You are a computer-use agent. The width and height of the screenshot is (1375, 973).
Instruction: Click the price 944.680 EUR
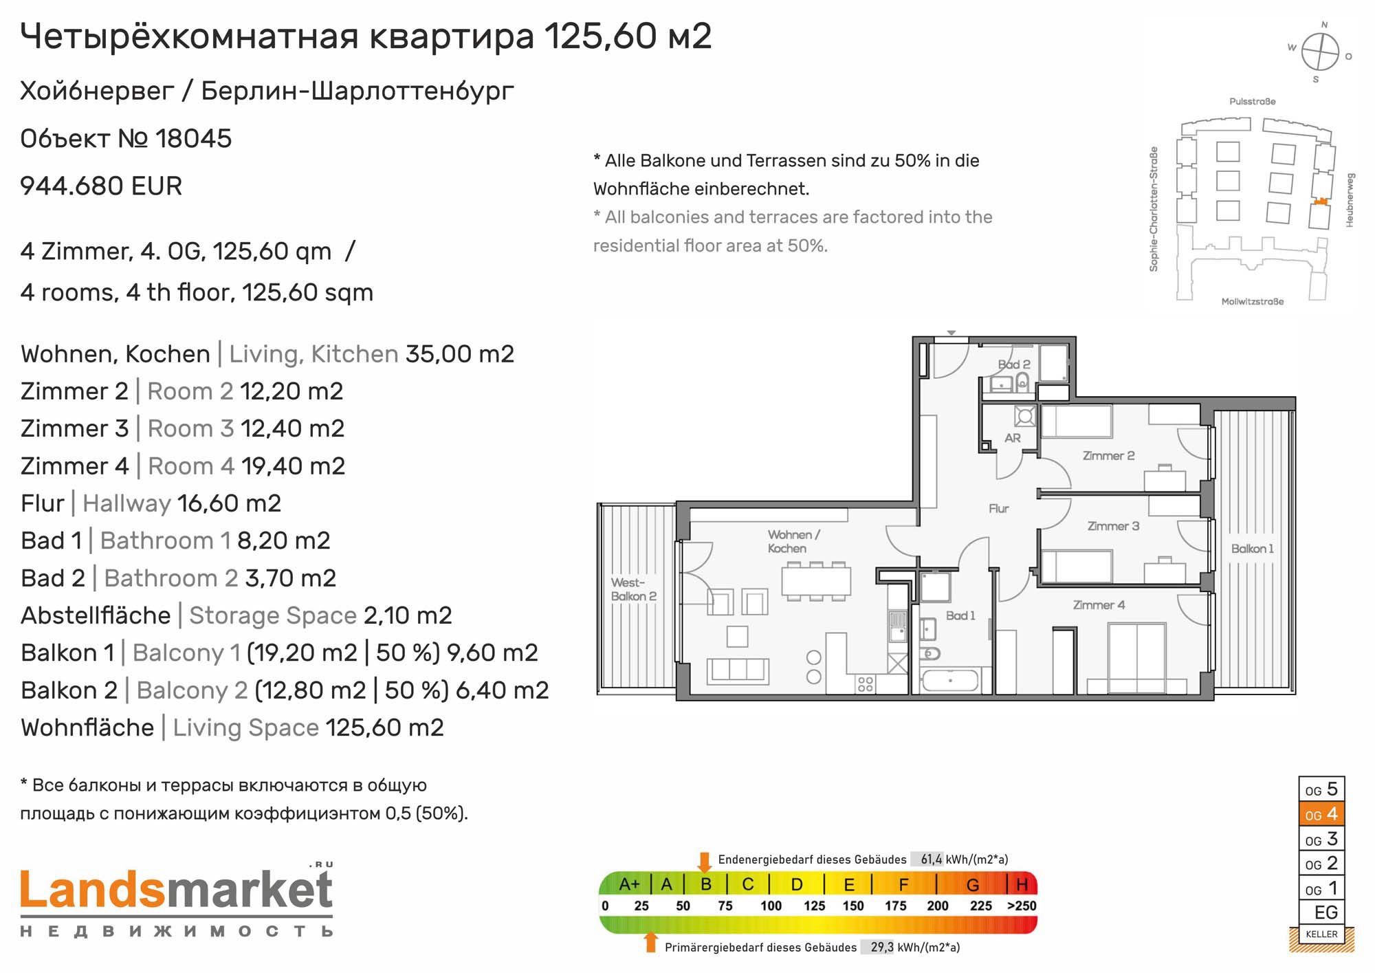pos(101,186)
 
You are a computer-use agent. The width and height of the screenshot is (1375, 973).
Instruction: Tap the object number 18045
pos(193,139)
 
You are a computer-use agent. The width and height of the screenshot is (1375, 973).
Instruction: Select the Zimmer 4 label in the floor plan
pos(1099,605)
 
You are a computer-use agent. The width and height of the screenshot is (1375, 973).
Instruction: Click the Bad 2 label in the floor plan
pos(1014,364)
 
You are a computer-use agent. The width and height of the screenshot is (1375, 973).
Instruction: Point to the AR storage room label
pos(1012,438)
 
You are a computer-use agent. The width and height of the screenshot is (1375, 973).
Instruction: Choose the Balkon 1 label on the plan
pos(1252,549)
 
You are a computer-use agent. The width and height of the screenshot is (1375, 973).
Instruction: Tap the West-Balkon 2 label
pos(633,589)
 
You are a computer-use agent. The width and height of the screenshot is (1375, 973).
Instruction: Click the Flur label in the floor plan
pos(998,509)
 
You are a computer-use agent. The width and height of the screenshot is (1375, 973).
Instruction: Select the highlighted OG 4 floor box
pos(1321,814)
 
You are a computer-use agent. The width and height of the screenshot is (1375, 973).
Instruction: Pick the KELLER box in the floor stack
pos(1321,934)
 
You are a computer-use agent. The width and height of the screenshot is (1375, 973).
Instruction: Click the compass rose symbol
pos(1320,52)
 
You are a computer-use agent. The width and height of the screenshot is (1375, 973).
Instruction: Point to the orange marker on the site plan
pos(1319,201)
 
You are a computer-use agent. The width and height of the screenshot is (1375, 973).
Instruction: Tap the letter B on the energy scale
pos(706,884)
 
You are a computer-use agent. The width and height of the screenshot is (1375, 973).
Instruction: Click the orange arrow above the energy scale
pos(704,862)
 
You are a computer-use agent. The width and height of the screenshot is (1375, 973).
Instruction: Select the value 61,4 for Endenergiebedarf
pos(932,860)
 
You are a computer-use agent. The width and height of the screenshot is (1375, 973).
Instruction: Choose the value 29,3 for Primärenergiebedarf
pos(882,948)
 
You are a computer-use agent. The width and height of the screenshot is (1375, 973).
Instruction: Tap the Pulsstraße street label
pos(1252,102)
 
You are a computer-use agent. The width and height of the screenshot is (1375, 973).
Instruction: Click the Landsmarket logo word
pos(177,890)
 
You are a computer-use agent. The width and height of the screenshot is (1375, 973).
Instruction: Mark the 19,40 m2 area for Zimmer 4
pos(293,466)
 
